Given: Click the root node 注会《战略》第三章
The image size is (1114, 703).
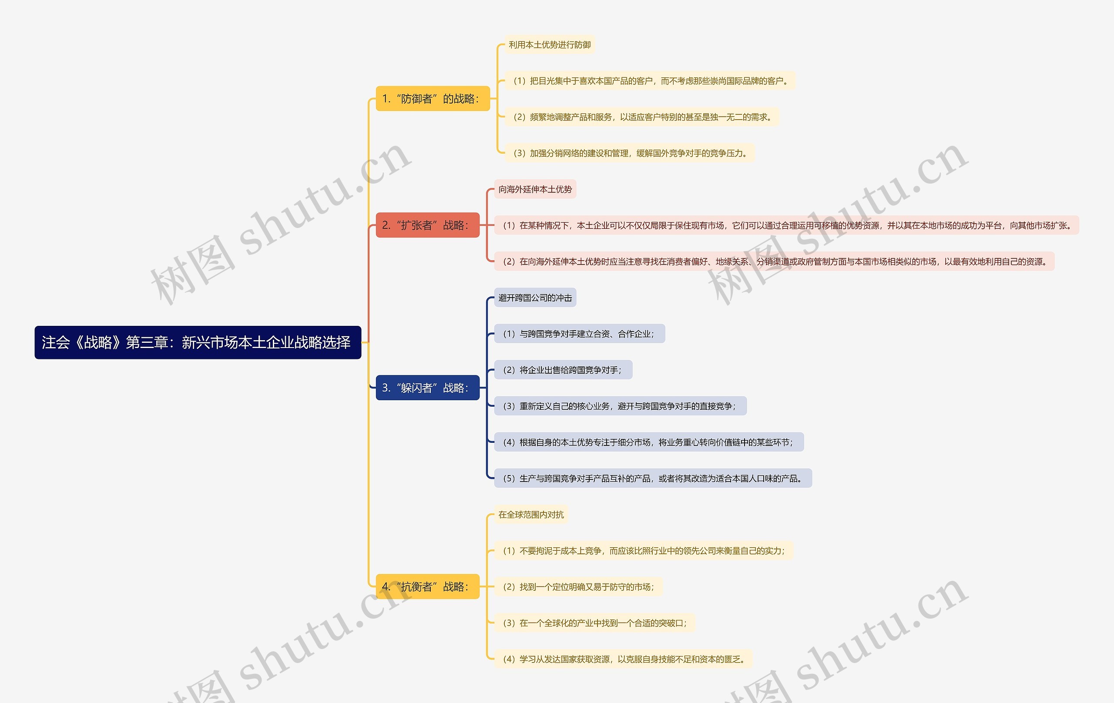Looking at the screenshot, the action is (x=198, y=342).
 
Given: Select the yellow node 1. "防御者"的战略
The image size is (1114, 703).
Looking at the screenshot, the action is (x=432, y=98).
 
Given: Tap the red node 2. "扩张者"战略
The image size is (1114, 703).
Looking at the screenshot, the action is (x=427, y=225).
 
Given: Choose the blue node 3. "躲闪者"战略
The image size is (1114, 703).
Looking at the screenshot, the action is (x=427, y=388).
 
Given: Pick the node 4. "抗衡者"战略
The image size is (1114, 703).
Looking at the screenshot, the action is (x=427, y=586).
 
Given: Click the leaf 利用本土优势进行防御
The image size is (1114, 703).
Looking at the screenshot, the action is (x=549, y=45).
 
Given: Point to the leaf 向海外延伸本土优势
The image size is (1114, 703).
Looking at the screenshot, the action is (x=535, y=189).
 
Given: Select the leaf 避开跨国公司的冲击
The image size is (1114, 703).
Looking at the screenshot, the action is (x=535, y=298).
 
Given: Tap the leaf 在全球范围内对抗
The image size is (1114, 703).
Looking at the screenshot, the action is (x=530, y=514).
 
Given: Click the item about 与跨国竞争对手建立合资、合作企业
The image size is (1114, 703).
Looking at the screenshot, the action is (x=579, y=334).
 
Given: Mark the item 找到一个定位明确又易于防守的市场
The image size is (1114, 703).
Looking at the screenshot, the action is (x=578, y=587).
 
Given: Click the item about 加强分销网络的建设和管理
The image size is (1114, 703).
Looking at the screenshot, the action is (x=629, y=153).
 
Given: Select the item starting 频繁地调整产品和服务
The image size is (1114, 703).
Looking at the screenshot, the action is (x=642, y=117).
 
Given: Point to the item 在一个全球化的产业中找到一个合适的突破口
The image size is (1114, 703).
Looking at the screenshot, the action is (x=594, y=623).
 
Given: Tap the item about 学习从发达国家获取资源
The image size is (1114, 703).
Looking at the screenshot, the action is (x=623, y=659).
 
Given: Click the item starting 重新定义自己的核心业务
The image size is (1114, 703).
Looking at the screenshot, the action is (x=620, y=406).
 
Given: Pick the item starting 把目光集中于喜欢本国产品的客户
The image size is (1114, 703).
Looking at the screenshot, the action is (x=650, y=81).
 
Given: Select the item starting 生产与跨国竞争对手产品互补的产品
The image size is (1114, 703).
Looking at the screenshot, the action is (x=652, y=478).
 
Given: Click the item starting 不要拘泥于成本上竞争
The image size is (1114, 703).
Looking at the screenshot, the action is (x=644, y=551).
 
